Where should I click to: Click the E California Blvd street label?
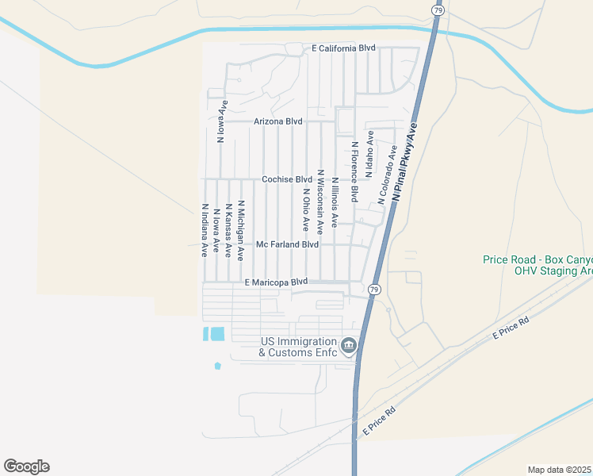342,48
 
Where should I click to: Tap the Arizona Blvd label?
278,121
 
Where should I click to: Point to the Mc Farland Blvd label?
287,245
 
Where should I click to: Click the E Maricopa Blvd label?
275,282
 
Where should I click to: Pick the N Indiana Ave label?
205,229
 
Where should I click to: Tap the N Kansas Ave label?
228,230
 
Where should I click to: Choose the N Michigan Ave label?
239,230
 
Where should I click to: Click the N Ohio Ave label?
305,210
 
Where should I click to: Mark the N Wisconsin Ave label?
320,201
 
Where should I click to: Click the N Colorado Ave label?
388,175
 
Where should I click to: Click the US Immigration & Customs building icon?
348,345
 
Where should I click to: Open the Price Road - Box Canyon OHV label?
538,265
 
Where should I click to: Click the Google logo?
26,466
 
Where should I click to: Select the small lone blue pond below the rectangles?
217,366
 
